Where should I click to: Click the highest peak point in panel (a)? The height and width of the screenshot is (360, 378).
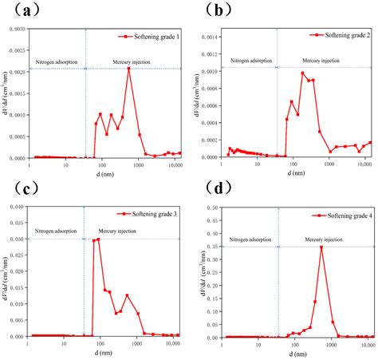point(128,69)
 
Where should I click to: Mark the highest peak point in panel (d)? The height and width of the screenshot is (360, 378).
point(321,247)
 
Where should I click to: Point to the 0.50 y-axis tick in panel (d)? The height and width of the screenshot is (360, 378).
point(211,207)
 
